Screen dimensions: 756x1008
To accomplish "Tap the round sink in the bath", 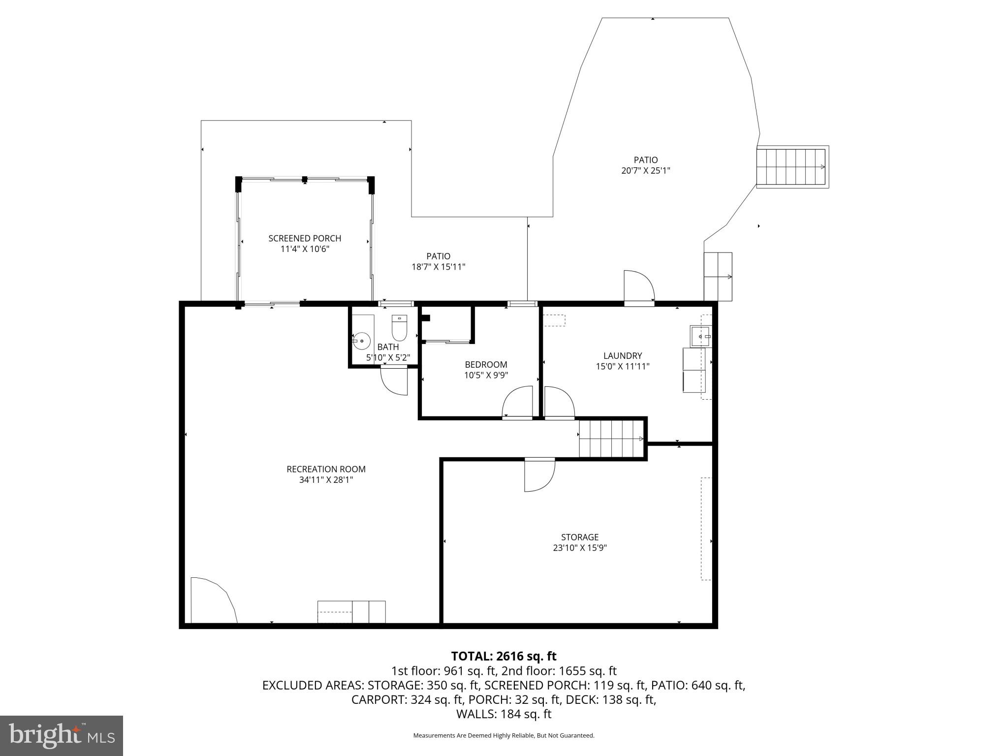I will (362, 340).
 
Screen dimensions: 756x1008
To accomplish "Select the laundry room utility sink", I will (700, 336).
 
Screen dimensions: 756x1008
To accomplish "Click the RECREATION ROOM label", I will (326, 469).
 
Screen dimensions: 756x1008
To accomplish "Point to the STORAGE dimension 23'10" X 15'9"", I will (579, 548).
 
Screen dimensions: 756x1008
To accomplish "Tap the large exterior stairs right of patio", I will (792, 167).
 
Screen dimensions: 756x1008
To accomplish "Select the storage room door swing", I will (538, 475).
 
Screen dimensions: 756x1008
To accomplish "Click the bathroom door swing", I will (394, 380).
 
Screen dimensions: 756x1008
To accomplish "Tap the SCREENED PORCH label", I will (305, 238).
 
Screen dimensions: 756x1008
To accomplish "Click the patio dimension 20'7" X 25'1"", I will (645, 171).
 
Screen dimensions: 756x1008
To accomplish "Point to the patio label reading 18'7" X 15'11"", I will (438, 267).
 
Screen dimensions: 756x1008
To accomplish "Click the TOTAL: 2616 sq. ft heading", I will (504, 656).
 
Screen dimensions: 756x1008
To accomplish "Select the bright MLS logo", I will (62, 735).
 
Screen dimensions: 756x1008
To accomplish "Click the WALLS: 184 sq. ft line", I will (504, 714).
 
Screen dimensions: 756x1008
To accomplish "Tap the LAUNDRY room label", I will (623, 355).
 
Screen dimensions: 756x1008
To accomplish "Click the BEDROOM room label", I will (486, 364).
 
